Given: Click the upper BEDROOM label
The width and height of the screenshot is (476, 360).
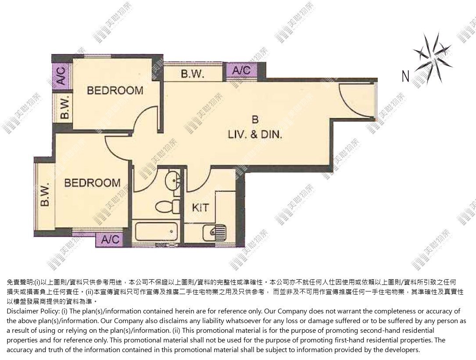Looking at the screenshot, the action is point(115,90).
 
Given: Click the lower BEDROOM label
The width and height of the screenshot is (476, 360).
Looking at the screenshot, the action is point(92,183).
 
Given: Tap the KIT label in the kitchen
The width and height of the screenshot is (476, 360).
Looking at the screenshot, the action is point(200,208).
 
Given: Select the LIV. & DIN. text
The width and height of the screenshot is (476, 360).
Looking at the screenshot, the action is point(255,134).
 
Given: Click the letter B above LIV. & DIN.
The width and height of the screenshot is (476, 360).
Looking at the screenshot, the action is point(255,120).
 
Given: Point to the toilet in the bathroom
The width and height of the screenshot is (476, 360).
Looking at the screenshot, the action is point(167,207).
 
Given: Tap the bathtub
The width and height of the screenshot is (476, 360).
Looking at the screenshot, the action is point(156,232).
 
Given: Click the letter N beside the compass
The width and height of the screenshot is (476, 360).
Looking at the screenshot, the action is point(405,76).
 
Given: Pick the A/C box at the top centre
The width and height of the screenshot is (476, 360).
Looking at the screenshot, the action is point(242,71).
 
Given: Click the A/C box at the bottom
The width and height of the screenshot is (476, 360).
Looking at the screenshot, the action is point(110,240).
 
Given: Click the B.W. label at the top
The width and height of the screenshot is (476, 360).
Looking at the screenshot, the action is point(193,74).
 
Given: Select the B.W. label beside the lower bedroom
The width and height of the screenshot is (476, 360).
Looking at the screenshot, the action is point(45,195).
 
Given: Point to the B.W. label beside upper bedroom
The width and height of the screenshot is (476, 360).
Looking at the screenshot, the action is point(64,107).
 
